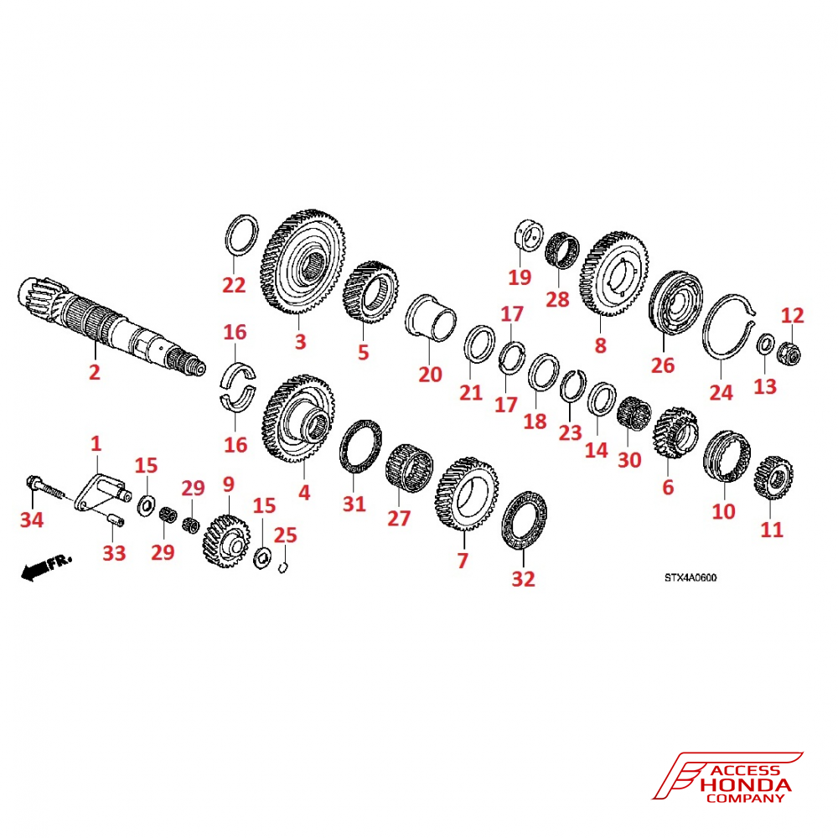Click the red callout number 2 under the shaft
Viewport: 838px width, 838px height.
[95, 371]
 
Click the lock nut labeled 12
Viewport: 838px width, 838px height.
[790, 352]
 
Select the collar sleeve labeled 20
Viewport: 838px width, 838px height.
[430, 318]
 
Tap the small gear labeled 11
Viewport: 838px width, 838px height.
[773, 478]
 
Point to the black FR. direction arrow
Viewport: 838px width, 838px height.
[46, 567]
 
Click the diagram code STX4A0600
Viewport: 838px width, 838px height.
[691, 577]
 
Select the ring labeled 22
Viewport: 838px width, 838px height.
[241, 235]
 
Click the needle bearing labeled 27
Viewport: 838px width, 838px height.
[409, 467]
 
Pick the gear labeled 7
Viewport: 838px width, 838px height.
[467, 494]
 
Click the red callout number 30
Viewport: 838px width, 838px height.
[629, 459]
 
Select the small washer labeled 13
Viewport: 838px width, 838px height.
[765, 344]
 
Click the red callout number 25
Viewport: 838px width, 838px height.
[285, 535]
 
